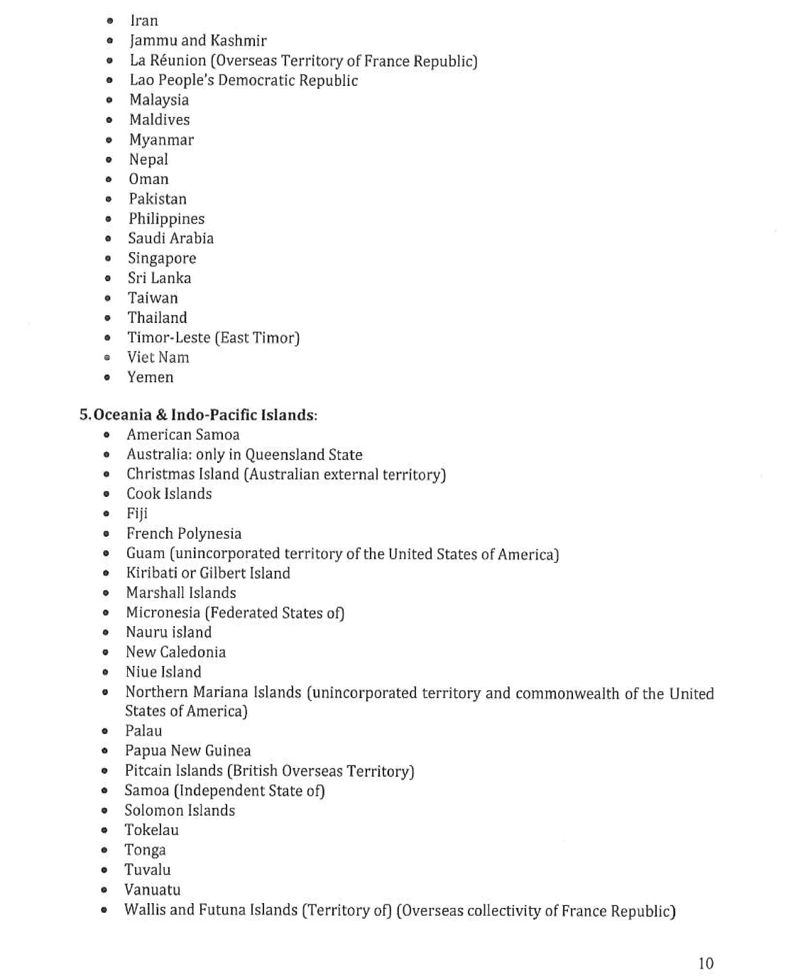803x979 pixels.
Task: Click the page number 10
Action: tap(705, 963)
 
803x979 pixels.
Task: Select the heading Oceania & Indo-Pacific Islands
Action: tap(204, 415)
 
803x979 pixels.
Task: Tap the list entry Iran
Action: tap(144, 21)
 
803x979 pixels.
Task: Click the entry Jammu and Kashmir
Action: tap(198, 40)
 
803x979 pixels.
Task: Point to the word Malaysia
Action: tap(159, 100)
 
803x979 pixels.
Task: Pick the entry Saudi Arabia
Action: tap(170, 239)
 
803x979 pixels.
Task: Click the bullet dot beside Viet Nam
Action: tap(107, 358)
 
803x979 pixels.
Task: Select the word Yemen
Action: tap(150, 377)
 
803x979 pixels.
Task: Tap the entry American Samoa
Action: tap(182, 434)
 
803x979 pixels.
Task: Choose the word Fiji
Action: tap(137, 513)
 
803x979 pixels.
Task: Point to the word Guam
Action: tap(146, 554)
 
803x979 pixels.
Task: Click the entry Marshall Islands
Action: tap(181, 593)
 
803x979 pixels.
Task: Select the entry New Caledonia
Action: tap(175, 652)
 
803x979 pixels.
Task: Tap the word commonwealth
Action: tap(567, 693)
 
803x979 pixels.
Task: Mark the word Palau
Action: tap(143, 731)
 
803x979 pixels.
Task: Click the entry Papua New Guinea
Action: tap(187, 750)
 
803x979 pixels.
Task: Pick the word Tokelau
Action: tap(151, 830)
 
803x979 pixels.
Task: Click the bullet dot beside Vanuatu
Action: tap(104, 890)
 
